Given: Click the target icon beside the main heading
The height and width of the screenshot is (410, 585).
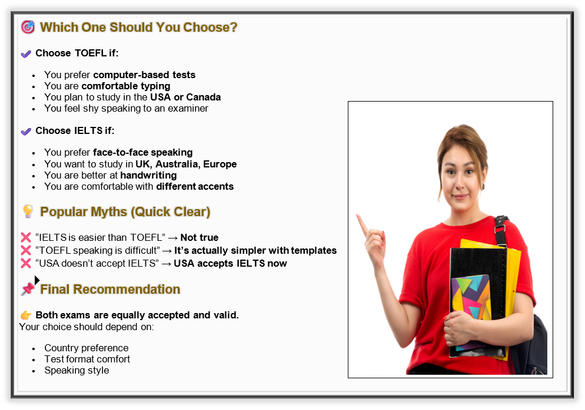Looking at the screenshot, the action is pos(28,27).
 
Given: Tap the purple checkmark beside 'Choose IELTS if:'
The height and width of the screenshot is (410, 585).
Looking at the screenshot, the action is pos(26,132).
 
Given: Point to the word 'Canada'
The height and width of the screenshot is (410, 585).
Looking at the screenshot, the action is pos(203,97).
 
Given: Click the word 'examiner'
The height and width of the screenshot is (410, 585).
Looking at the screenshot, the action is pos(188,108).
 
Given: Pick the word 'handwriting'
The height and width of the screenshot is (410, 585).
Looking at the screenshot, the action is pos(148,176).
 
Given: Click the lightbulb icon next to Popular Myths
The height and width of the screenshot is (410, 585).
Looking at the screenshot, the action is pos(28,211).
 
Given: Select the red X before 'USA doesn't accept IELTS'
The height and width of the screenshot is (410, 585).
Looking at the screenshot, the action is pos(26,263).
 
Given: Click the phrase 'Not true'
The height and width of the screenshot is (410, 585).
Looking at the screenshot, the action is pos(200,237).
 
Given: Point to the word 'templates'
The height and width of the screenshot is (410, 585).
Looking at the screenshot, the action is pos(314,251).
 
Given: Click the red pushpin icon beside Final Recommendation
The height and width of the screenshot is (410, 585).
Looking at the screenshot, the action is pos(28,288).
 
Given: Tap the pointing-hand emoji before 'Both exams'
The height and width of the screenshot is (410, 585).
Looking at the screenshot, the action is pos(26,315).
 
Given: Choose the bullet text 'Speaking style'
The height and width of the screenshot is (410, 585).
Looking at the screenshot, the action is pos(77,371).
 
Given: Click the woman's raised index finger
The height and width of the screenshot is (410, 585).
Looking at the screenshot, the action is pos(362,225).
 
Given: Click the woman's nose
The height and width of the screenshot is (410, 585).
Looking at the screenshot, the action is pos(460,183).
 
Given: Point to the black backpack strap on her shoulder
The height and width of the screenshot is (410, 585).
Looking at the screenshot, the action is pos(500,230).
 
